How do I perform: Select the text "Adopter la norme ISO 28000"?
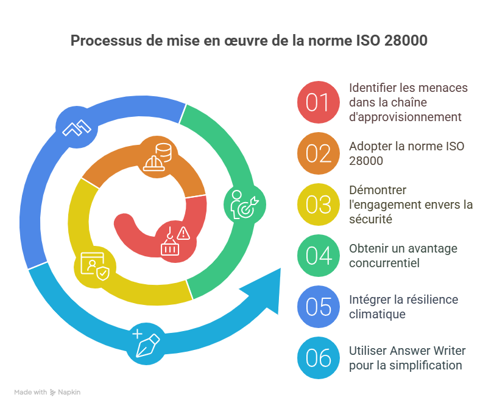click(406, 153)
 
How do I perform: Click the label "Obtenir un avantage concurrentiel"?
click(403, 256)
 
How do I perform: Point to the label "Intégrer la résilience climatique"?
click(403, 307)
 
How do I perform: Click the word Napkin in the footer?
click(69, 393)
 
